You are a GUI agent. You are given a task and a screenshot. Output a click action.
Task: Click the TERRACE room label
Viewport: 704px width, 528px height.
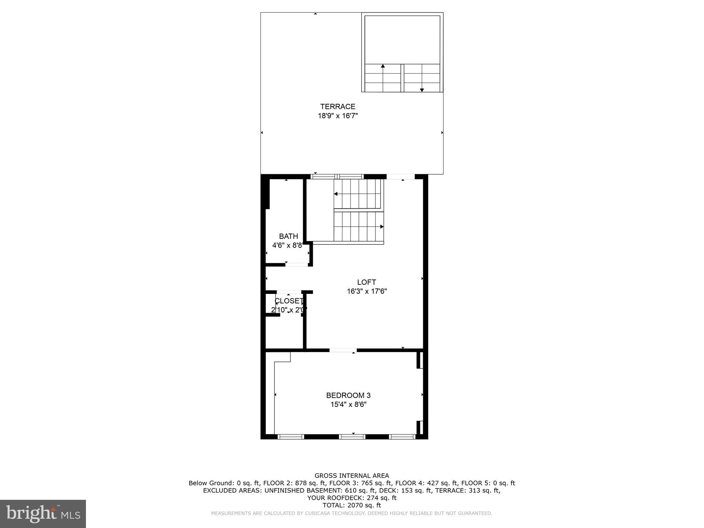click(x=338, y=107)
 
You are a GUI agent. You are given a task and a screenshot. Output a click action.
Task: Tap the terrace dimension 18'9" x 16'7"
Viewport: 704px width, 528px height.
click(x=338, y=116)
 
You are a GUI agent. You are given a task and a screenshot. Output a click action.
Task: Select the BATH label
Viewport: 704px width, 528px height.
click(x=288, y=236)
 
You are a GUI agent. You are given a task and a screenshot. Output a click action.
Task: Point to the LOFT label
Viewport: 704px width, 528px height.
click(x=366, y=282)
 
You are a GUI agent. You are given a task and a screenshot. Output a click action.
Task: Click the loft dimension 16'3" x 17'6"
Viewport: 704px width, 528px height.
click(x=366, y=291)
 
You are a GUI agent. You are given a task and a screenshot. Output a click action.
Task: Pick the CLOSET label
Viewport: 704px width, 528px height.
click(x=289, y=301)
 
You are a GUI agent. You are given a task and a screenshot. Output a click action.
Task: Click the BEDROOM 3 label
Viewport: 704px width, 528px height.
click(x=348, y=395)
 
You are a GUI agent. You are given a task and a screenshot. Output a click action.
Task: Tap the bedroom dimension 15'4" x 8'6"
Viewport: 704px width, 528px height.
click(x=348, y=405)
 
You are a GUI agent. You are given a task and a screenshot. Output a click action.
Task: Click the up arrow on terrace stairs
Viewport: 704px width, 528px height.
click(x=383, y=66)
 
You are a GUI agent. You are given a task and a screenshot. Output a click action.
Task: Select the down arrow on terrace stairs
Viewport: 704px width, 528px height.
click(x=422, y=90)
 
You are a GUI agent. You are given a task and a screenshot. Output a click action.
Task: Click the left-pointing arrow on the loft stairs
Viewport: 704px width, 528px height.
click(x=336, y=194)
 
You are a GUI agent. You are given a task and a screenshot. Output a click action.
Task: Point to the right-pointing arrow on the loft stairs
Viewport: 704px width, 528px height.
click(x=382, y=227)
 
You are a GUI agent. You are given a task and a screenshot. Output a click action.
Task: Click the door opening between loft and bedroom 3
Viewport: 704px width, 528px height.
click(x=343, y=350)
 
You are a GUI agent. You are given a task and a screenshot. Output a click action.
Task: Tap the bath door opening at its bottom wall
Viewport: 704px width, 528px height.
click(x=297, y=265)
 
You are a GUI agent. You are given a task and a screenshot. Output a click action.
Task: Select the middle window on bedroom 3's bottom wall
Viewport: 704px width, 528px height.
click(x=352, y=437)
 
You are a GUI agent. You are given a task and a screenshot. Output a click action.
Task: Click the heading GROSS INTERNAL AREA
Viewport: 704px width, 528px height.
click(x=352, y=476)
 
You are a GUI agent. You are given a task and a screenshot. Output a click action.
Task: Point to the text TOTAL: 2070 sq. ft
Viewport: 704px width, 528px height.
click(x=352, y=505)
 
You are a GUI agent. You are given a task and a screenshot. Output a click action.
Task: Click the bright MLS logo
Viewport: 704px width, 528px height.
click(x=43, y=514)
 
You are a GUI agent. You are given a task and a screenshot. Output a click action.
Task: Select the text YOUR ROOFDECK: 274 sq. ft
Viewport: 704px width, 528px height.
click(x=352, y=498)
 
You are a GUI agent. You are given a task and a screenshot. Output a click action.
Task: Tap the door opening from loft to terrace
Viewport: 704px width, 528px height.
click(x=401, y=177)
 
